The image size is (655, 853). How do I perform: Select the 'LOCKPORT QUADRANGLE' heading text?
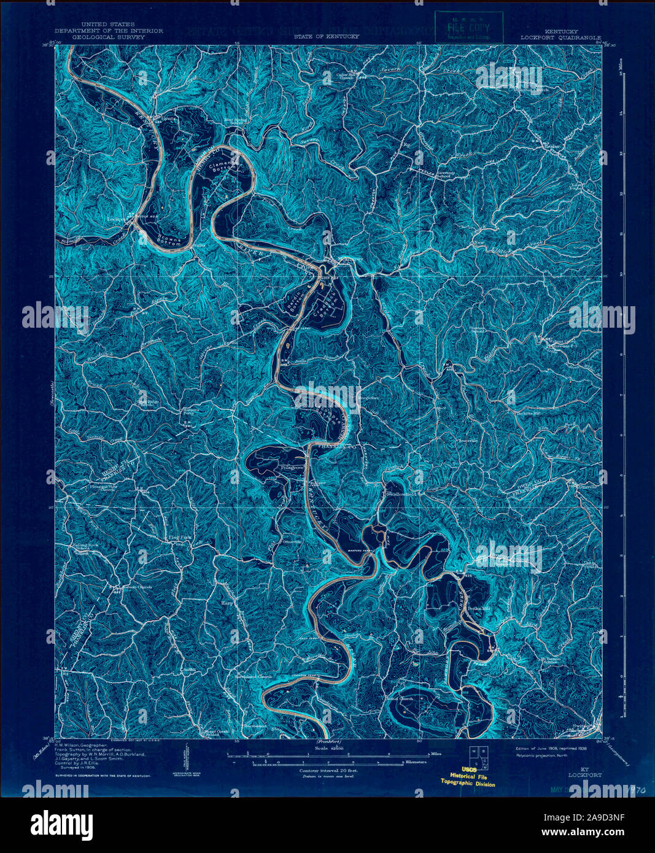click(560, 37)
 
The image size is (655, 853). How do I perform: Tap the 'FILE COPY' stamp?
click(468, 28)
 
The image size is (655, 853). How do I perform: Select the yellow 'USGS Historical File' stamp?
click(467, 776)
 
